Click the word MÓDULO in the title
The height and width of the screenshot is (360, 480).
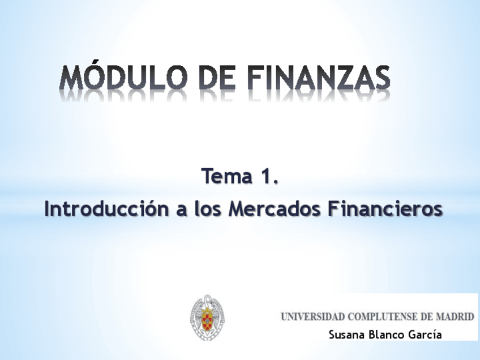coord(123,77)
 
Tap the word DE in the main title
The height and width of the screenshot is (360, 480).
coord(217,78)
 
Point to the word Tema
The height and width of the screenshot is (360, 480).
coord(226,177)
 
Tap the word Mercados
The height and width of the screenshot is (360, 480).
coord(275,209)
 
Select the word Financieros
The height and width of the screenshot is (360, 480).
coord(385,209)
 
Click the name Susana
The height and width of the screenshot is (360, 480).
coord(347,335)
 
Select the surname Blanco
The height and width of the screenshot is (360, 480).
coord(387,335)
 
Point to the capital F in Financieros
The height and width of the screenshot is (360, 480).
coord(333,209)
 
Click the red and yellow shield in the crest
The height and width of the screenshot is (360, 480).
coord(207,320)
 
